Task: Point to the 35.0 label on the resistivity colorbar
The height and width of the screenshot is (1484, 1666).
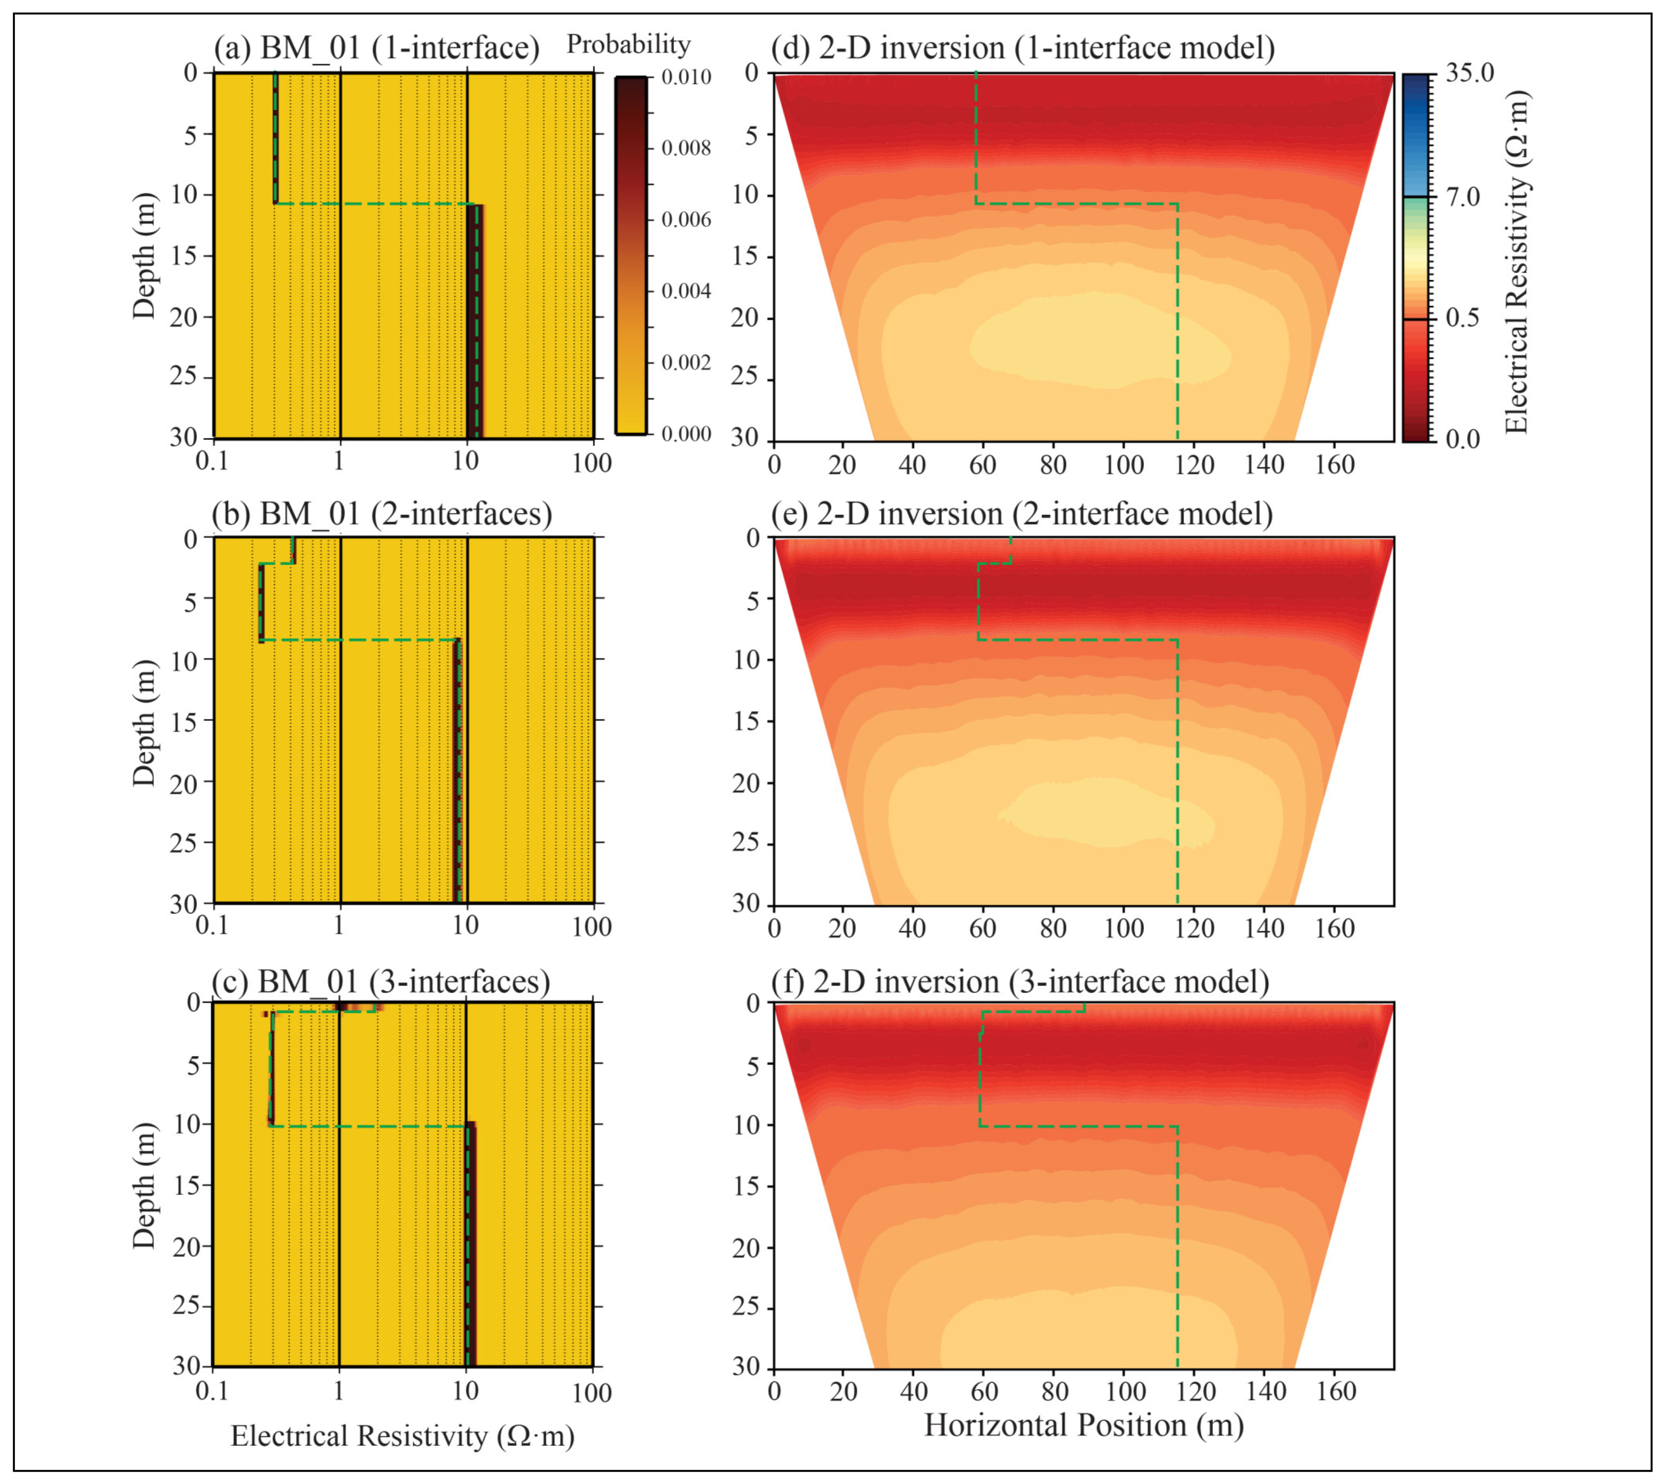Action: tap(1469, 73)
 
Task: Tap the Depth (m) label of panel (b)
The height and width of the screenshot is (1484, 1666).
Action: tap(144, 722)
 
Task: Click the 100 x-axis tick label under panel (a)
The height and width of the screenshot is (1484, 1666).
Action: tap(591, 463)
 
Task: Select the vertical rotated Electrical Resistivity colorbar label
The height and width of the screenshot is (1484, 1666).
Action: tap(1515, 261)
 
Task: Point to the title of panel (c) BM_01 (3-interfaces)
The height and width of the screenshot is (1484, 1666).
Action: tap(380, 981)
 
